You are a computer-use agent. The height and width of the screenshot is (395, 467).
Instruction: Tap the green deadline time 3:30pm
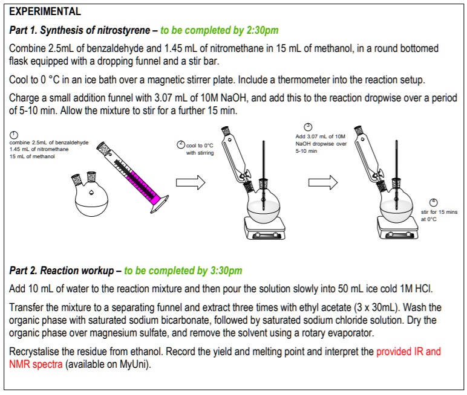223,271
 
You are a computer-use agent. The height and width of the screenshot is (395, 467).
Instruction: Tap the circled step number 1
13,135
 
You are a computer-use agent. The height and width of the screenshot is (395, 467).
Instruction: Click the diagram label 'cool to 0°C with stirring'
199,149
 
